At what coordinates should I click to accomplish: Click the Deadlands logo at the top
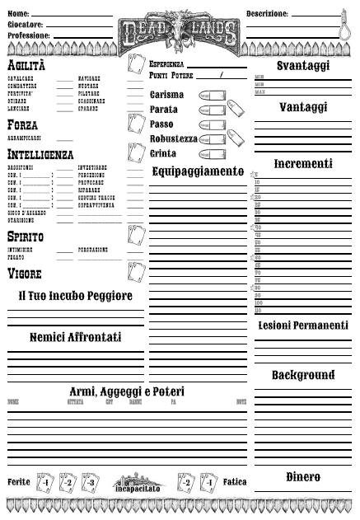179,30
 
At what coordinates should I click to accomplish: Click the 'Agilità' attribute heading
26,65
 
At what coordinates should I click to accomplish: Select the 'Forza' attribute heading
21,124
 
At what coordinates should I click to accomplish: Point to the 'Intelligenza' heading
40,154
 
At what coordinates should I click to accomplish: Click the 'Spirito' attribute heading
26,237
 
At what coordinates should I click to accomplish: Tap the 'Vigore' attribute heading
24,273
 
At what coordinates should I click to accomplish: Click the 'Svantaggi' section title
303,65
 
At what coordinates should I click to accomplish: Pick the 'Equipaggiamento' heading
198,171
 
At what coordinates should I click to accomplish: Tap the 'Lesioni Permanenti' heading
303,326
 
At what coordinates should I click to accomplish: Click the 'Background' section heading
303,376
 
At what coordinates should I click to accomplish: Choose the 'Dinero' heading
303,477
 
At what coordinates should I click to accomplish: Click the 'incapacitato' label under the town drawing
138,489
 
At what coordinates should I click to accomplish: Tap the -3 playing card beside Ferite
91,482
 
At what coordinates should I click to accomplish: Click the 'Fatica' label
235,481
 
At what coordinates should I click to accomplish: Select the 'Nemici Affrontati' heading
75,338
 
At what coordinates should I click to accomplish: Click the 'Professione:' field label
29,36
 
